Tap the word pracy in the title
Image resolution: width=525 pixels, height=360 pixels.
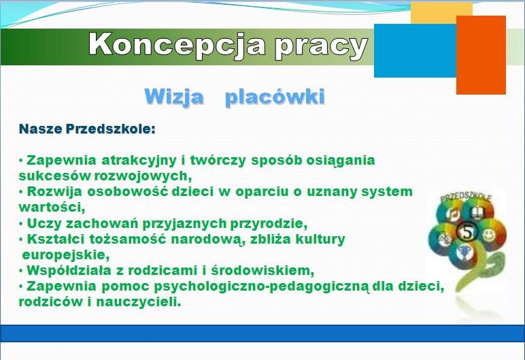321,47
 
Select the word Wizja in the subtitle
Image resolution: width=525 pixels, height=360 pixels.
174,97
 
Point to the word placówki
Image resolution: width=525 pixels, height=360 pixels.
275,97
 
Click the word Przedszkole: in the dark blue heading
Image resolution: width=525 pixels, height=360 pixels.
110,129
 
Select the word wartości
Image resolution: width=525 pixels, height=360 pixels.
52,207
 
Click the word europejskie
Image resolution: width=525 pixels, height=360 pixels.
66,255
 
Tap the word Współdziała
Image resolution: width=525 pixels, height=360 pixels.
69,270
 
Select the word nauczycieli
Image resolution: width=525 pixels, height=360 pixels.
139,302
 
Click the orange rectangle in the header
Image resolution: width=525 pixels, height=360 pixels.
481,55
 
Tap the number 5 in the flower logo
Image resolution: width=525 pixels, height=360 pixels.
467,231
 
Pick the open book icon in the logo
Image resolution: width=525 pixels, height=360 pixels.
476,212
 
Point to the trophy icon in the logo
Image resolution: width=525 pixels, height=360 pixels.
464,252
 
